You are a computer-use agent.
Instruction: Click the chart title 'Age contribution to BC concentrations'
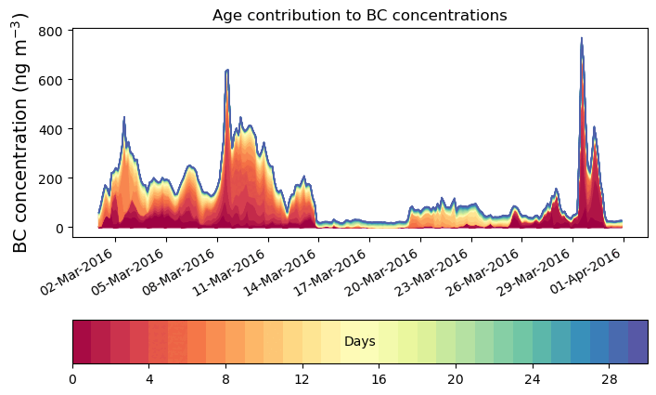pos(359,15)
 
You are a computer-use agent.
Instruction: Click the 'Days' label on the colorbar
pos(359,342)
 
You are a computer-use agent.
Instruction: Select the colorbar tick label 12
pos(302,379)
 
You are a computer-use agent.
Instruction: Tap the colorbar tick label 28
pos(608,379)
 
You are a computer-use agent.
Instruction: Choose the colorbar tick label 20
pos(455,379)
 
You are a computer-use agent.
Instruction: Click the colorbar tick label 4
pos(148,379)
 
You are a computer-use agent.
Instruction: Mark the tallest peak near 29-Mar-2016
pos(581,39)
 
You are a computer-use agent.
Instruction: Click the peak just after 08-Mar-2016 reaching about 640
pos(226,70)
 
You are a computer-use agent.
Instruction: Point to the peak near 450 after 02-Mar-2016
pos(124,117)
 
